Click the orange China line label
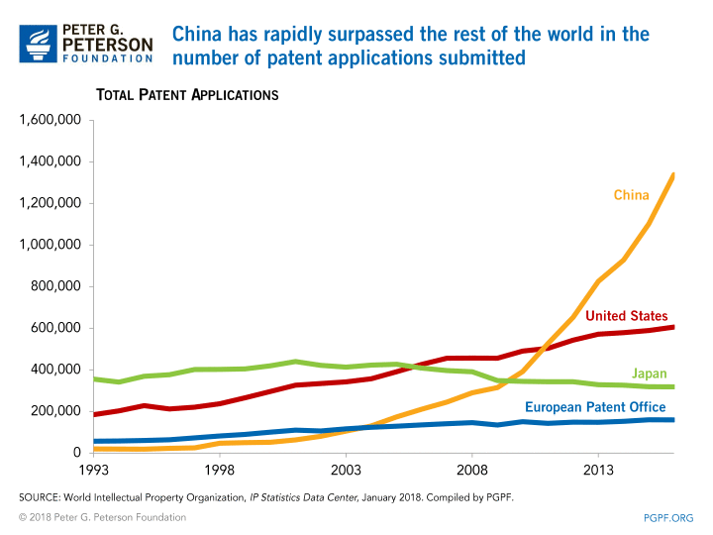pyautogui.click(x=631, y=195)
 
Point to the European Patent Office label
pyautogui.click(x=595, y=407)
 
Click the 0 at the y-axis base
pyautogui.click(x=75, y=453)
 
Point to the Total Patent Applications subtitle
pyautogui.click(x=186, y=95)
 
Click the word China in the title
pyautogui.click(x=198, y=34)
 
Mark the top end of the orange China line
pyautogui.click(x=673, y=175)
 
